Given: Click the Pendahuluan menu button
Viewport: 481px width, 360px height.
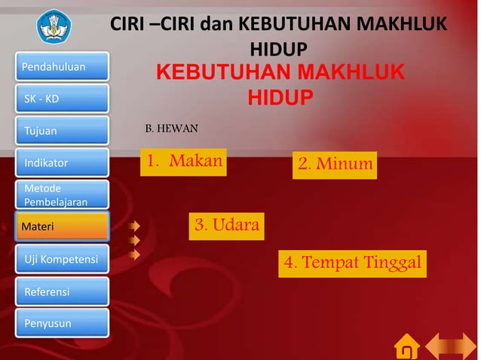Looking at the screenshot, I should pos(62,67).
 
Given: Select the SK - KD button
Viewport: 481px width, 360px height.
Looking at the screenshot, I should pos(62,99).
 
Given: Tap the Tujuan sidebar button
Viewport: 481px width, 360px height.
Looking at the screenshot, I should pos(62,130).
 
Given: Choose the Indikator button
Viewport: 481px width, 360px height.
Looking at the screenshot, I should pos(62,162).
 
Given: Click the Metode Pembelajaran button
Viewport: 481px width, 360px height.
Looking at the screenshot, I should pos(62,194).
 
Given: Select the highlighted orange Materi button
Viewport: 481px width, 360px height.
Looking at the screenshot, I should pos(62,226).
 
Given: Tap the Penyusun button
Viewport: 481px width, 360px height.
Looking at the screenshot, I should pos(62,323).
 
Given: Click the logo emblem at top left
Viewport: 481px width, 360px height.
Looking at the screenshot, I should pos(58,26).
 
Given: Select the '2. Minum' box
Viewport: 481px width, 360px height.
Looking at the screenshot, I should pos(335,163).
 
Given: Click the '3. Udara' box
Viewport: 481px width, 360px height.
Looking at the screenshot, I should pos(227,224).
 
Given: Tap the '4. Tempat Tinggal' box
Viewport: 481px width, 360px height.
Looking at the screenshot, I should pos(351,263).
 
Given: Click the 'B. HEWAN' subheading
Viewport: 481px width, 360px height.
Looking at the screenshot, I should pos(171,129).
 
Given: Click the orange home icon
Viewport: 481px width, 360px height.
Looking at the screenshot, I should pos(406,346).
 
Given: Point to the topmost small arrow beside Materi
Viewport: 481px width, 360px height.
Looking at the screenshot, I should pos(134,225).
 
